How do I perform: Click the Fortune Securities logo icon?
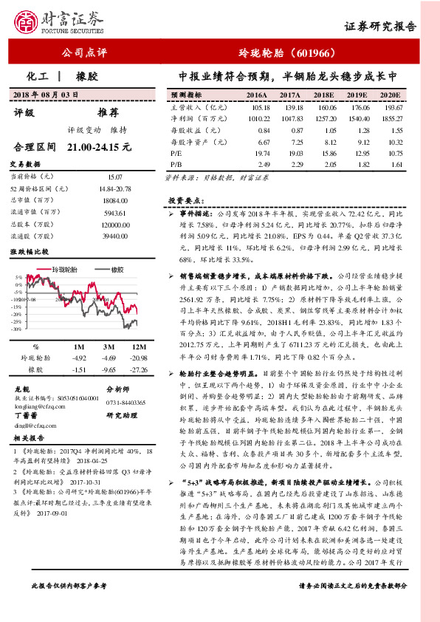click(27, 22)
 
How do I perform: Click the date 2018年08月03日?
click(46, 95)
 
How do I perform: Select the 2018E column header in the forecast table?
click(323, 95)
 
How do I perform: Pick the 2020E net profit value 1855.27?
click(392, 117)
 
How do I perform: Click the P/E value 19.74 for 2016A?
click(257, 152)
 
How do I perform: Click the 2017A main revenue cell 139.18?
click(289, 106)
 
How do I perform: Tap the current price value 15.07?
click(115, 177)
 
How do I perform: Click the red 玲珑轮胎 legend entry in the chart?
click(77, 271)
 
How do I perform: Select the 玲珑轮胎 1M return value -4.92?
click(78, 358)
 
